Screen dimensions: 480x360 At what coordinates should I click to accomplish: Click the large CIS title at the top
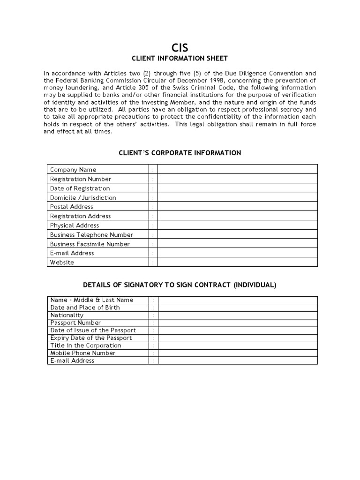[x=180, y=47]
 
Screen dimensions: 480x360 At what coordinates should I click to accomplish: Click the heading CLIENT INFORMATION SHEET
[x=180, y=58]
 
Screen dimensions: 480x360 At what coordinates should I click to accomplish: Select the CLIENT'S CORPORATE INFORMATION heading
[x=180, y=153]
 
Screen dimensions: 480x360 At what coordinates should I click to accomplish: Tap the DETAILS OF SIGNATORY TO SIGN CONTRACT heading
[x=180, y=285]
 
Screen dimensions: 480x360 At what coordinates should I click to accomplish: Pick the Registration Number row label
[x=81, y=179]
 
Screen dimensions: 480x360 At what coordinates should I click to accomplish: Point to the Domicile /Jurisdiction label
[x=83, y=198]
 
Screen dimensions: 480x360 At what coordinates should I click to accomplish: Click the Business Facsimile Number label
[x=90, y=244]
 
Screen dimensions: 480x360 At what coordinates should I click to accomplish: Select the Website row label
[x=62, y=262]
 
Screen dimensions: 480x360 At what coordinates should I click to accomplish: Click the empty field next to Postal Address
[x=237, y=207]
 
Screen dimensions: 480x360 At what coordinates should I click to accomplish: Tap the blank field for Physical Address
[x=237, y=225]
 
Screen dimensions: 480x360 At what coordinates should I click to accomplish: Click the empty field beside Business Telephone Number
[x=237, y=235]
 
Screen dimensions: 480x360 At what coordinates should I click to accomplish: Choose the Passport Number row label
[x=75, y=323]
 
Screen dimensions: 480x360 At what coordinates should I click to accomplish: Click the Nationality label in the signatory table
[x=67, y=315]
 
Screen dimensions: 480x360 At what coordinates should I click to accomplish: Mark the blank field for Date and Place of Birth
[x=237, y=307]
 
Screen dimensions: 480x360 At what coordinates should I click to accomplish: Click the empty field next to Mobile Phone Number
[x=237, y=353]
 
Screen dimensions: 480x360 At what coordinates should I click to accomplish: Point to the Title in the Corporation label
[x=85, y=345]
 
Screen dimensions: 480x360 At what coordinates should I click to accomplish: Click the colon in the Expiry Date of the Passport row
[x=153, y=338]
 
